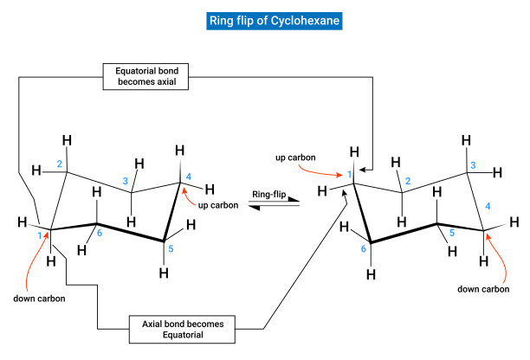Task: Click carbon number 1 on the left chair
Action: [x=40, y=235]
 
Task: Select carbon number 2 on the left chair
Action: [x=60, y=164]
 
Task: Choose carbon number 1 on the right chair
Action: [x=350, y=177]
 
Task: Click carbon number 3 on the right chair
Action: [x=472, y=165]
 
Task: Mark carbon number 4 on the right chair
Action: [x=488, y=206]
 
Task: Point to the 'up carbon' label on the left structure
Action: [x=217, y=205]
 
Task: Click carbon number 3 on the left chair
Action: [x=125, y=181]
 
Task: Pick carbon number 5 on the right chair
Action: [x=451, y=232]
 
